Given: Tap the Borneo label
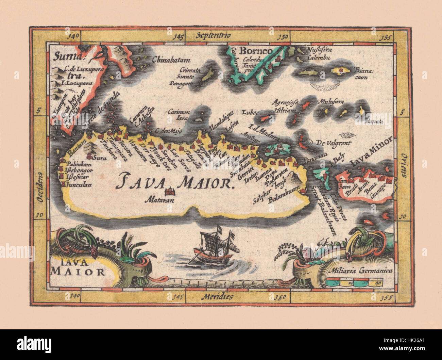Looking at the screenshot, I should pyautogui.click(x=252, y=51).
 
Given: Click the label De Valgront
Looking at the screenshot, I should pyautogui.click(x=334, y=143).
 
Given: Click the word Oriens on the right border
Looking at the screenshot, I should pyautogui.click(x=404, y=165).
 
